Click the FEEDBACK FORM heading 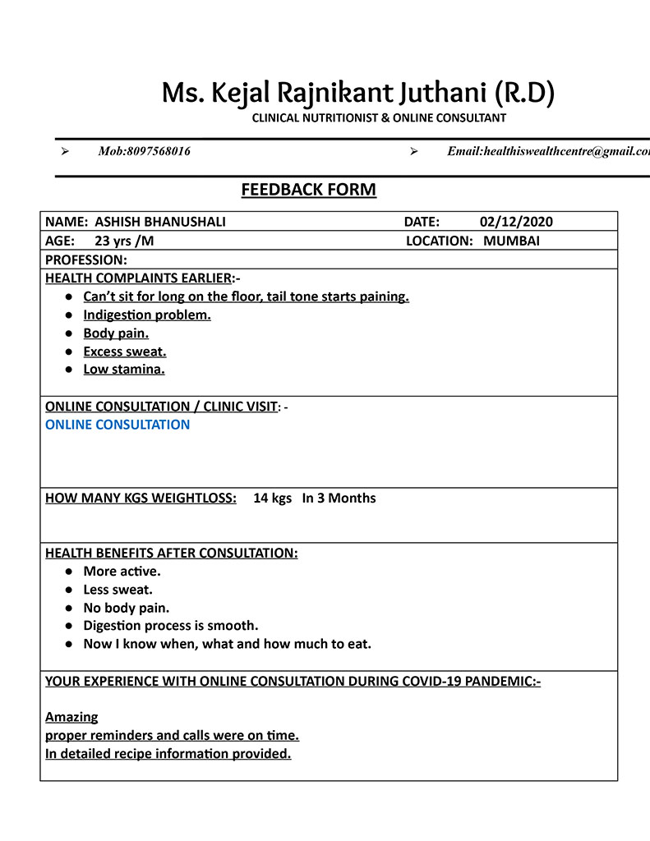click(x=308, y=191)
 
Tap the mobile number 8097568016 click(x=159, y=151)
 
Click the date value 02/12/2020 click(x=516, y=222)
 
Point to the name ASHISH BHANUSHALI click(x=160, y=222)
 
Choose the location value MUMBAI click(x=511, y=241)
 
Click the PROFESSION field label click(x=86, y=260)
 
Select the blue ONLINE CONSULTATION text click(x=118, y=425)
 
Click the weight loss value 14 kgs click(x=272, y=498)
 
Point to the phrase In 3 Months click(x=339, y=498)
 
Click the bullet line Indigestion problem click(x=147, y=315)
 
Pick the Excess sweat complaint click(x=125, y=352)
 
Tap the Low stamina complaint click(x=124, y=370)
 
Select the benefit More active click(x=122, y=571)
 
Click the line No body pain click(x=127, y=608)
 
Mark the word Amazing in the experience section click(x=71, y=716)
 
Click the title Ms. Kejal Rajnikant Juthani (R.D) click(x=357, y=93)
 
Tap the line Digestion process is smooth click(x=171, y=626)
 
